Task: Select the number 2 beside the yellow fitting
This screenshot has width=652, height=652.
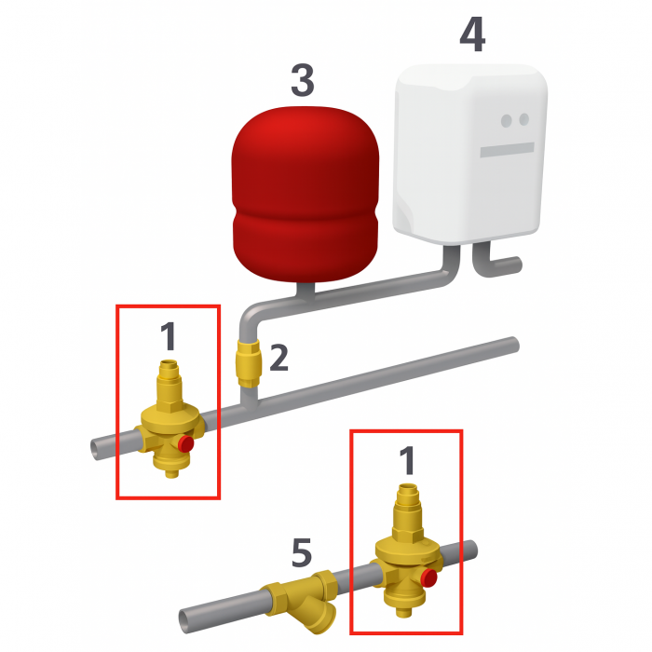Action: tap(278, 358)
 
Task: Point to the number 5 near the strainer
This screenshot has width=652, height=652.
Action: tap(301, 553)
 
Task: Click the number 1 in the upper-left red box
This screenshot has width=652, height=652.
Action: tap(168, 337)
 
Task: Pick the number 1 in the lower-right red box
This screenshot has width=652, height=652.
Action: tap(405, 461)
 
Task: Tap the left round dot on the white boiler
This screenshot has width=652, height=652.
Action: tap(507, 120)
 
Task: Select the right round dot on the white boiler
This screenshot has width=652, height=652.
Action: tap(523, 120)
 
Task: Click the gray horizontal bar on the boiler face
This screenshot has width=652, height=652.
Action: tap(507, 149)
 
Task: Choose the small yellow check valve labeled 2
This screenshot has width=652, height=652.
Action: tap(249, 362)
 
